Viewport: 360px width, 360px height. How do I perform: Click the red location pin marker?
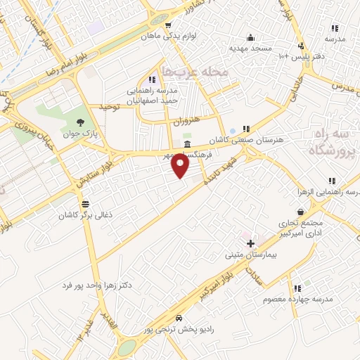pos(181,166)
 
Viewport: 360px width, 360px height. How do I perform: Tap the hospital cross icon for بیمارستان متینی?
pos(250,243)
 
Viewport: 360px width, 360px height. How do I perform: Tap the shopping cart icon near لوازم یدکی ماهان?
pos(168,25)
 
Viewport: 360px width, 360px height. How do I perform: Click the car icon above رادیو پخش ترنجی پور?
pos(179,317)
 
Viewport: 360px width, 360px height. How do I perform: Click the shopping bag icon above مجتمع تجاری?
pos(301,212)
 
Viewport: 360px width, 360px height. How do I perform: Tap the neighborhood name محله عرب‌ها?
pos(195,72)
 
